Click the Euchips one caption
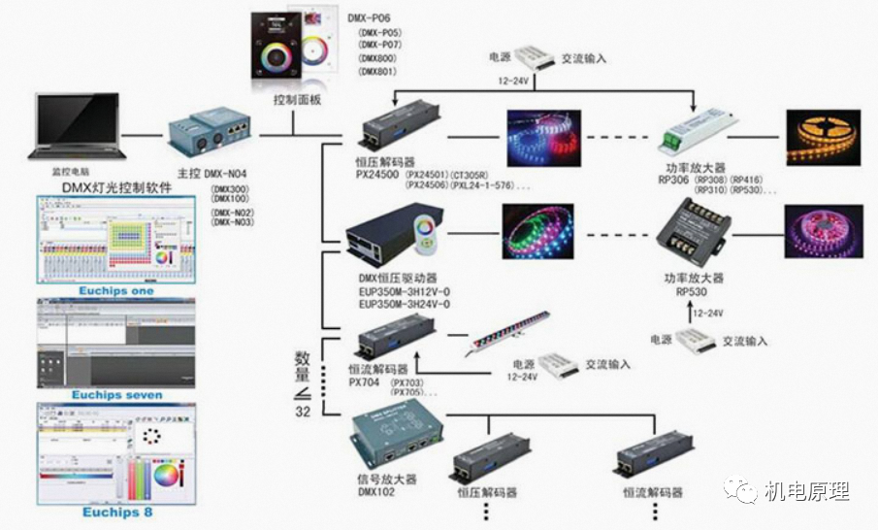(114, 290)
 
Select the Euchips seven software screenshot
(115, 342)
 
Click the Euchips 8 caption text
(116, 512)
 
